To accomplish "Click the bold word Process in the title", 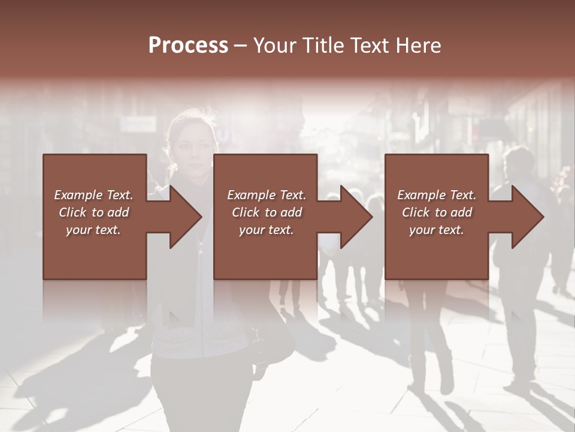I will click(188, 45).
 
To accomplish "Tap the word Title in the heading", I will click(322, 46).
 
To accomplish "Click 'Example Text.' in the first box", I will click(93, 195).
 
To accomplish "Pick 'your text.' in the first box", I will click(93, 230).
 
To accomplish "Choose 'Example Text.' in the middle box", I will click(267, 195).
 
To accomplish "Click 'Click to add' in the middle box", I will click(267, 212).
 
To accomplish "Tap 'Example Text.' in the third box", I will click(437, 195).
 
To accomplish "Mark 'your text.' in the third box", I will click(437, 230).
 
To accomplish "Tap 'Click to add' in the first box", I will click(93, 212).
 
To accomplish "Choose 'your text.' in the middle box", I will click(267, 230).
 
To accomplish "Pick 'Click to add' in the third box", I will click(437, 212).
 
